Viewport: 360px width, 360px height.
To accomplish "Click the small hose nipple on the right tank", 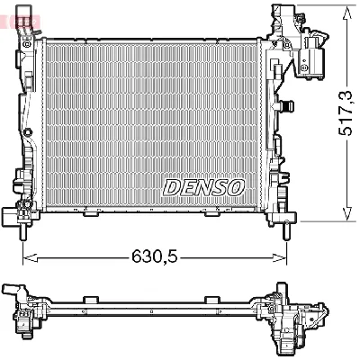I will click(291, 106).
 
